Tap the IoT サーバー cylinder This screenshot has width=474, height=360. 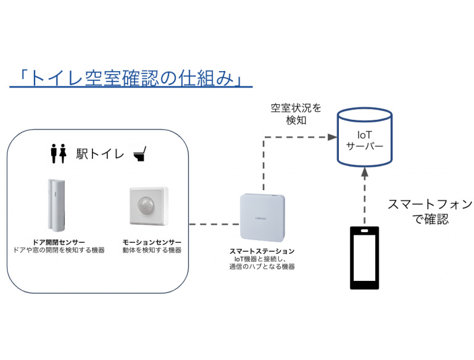click(364, 138)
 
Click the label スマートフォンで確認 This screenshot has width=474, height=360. click(430, 211)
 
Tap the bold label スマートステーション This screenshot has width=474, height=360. click(262, 251)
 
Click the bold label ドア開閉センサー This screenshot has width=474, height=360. click(59, 241)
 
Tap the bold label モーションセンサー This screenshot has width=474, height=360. click(152, 241)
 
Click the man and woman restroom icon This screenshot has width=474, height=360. click(58, 153)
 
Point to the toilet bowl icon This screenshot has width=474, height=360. click(139, 153)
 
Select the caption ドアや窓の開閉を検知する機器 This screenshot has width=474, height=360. click(59, 250)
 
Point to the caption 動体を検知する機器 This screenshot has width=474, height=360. click(152, 250)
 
